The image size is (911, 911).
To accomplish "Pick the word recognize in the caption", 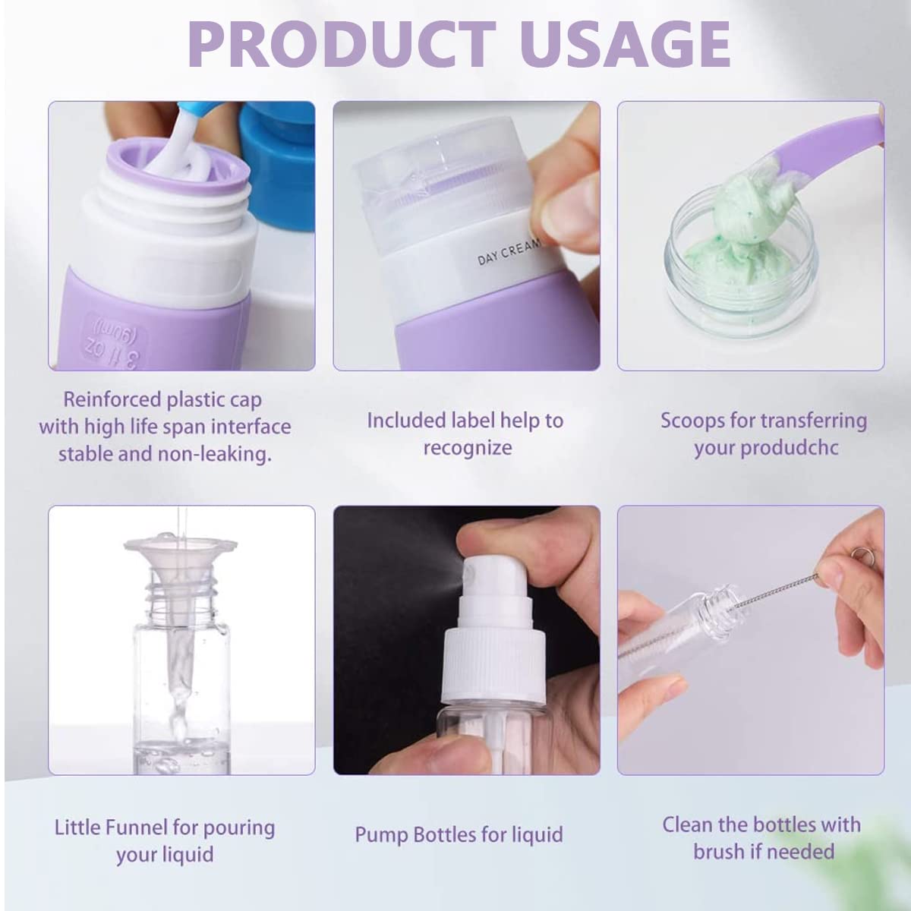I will (x=467, y=448).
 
